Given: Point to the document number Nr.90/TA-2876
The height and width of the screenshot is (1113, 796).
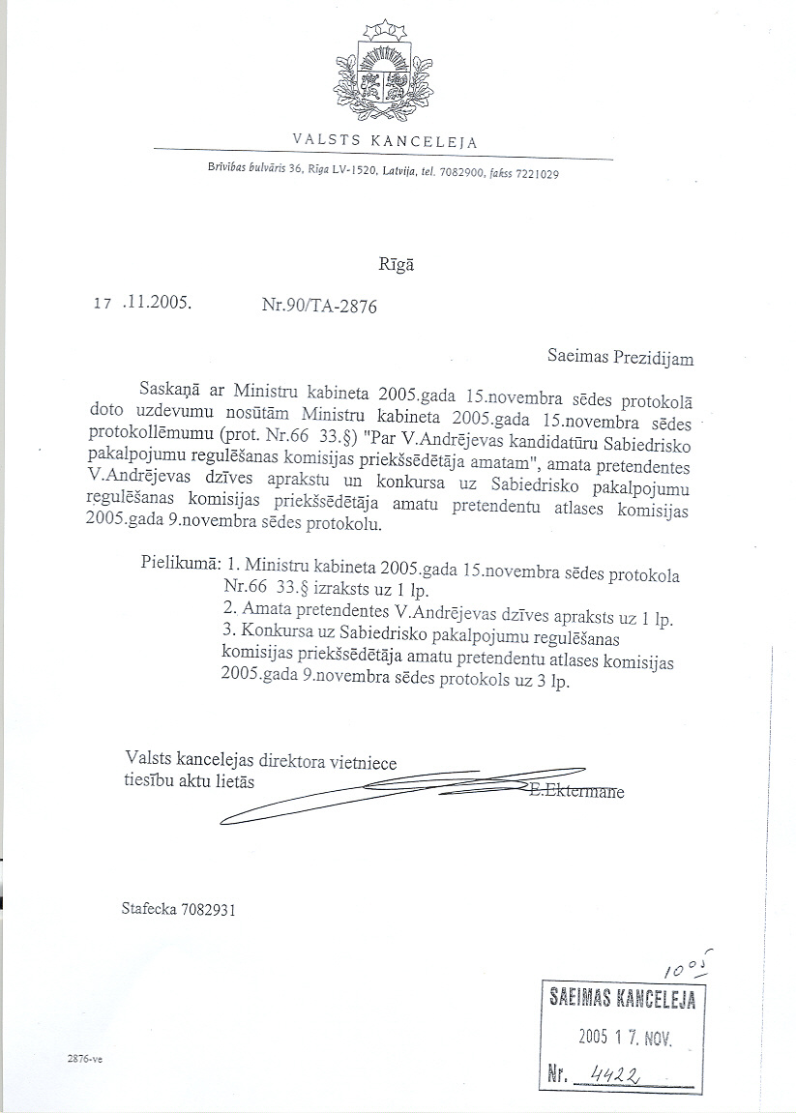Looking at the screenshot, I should [318, 306].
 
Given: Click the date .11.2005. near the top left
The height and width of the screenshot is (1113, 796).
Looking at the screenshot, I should [158, 302].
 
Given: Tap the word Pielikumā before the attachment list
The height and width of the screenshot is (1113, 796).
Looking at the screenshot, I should [180, 561].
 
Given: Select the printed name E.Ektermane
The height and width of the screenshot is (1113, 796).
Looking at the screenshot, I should [577, 793].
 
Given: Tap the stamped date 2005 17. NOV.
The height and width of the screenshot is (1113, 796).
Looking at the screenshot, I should [625, 1038].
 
